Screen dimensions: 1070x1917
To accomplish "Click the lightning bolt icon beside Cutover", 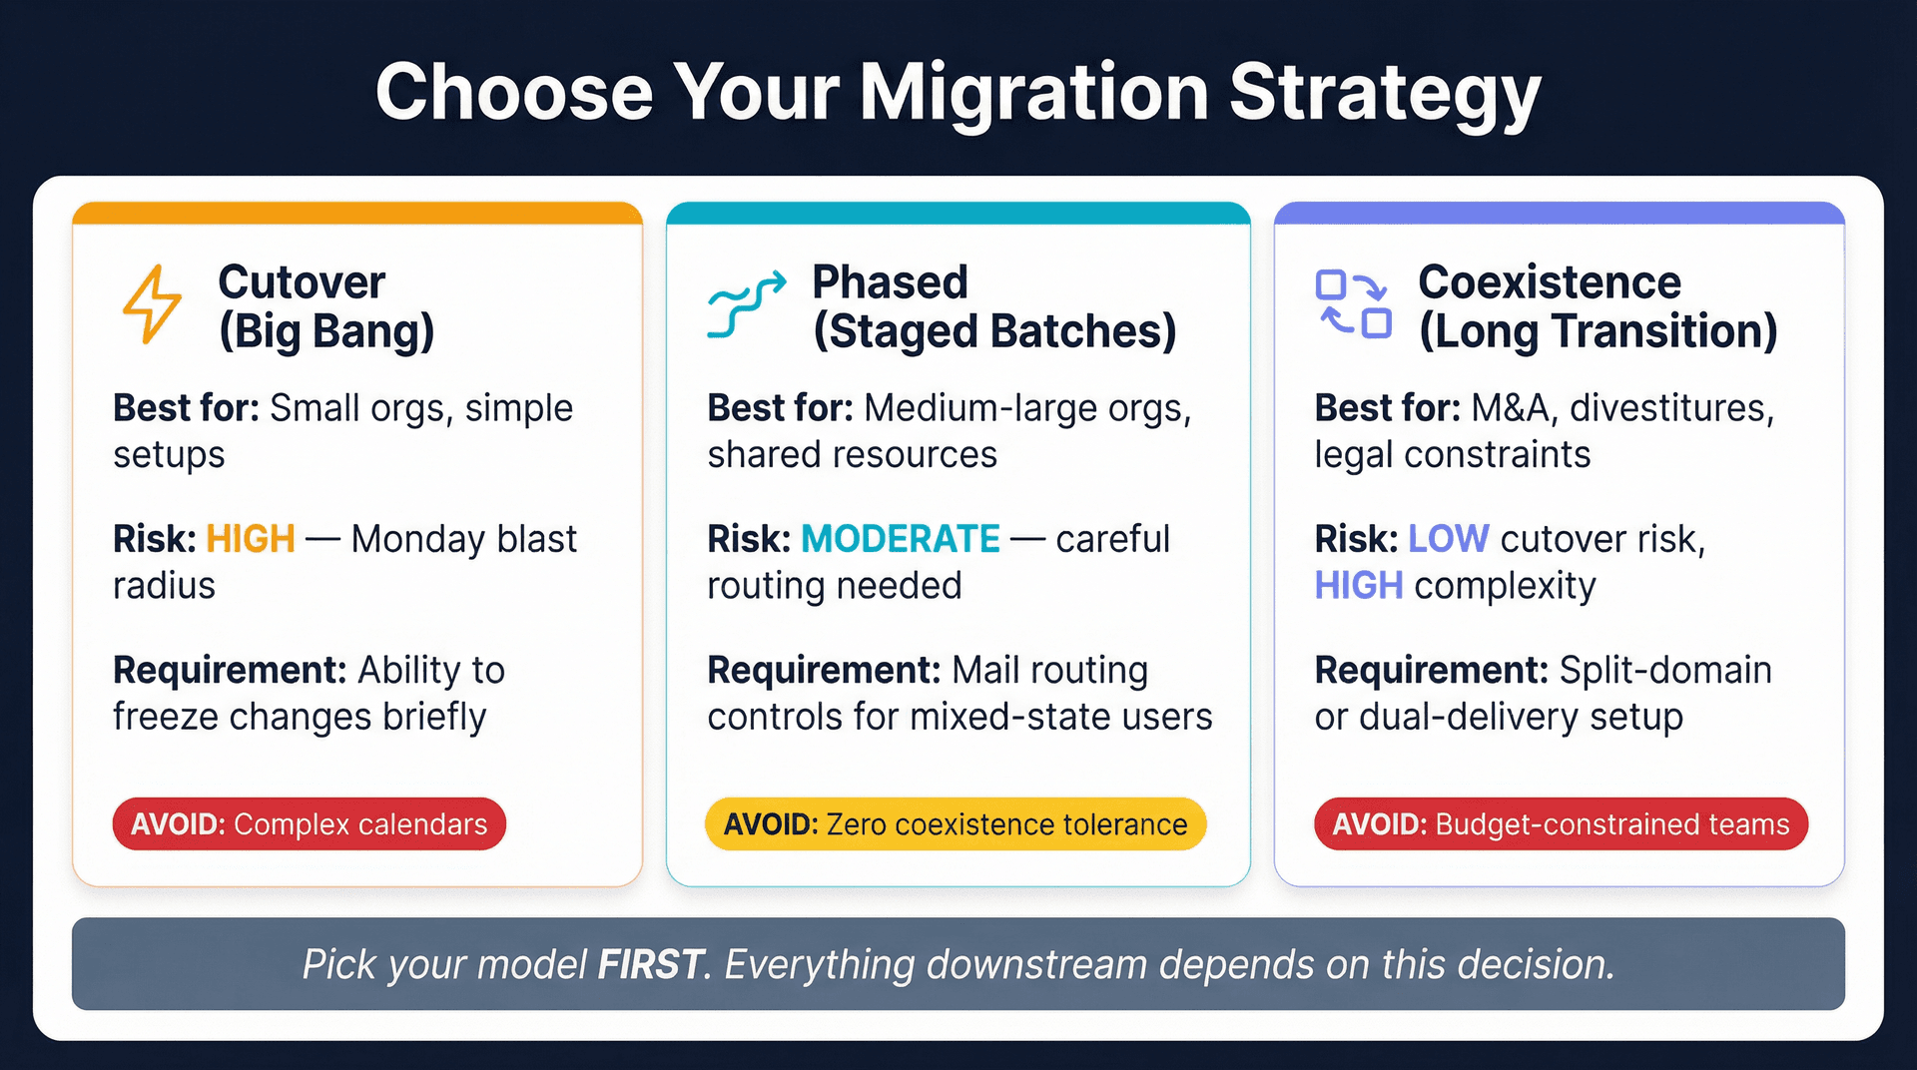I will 152,304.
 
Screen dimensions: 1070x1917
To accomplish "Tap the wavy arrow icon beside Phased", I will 746,304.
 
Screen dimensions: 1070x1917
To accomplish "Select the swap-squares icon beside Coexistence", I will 1353,304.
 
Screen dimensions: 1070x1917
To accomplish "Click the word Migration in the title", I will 1033,93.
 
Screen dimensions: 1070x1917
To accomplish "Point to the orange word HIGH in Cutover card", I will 250,539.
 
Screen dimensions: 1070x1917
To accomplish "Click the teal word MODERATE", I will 900,539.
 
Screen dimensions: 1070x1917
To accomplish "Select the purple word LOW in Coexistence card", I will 1448,539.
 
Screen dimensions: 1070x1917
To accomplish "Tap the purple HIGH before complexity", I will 1358,586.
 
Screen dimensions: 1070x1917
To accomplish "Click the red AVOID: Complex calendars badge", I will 309,824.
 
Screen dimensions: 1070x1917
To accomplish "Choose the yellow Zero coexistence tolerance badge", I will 956,824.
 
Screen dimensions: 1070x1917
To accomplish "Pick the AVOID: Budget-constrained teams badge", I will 1561,824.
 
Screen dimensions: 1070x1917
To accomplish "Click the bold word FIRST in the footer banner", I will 650,965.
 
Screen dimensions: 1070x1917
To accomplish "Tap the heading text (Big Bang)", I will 326,332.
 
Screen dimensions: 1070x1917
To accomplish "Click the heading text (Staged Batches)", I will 994,332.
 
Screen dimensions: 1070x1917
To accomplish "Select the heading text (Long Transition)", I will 1597,332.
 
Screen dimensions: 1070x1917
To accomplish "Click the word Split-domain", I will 1664,671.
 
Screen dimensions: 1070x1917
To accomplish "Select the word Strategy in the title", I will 1385,93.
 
